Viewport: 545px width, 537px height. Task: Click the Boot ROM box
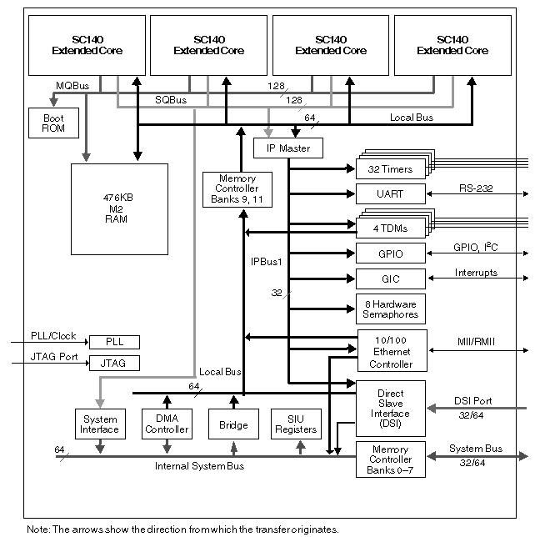tap(53, 123)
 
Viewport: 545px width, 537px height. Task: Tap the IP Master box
tap(287, 148)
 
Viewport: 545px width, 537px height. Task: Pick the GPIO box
tap(390, 253)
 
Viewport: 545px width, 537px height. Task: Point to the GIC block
tap(390, 278)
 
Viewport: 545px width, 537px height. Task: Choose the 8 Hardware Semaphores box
tap(390, 308)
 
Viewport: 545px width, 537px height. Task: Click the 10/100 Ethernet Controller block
tap(391, 350)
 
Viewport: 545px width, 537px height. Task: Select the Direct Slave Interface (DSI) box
tap(390, 407)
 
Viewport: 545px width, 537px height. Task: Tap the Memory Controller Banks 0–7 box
tap(390, 459)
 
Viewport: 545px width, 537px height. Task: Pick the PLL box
tap(114, 342)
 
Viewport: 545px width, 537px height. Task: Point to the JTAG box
tap(114, 363)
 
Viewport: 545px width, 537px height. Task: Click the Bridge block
tap(233, 424)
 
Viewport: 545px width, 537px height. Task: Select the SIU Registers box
tap(296, 424)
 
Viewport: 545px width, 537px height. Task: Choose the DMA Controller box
tap(167, 424)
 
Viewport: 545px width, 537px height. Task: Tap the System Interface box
tap(100, 424)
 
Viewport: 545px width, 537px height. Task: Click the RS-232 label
tap(476, 188)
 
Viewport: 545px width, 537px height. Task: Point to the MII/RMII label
tap(476, 340)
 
